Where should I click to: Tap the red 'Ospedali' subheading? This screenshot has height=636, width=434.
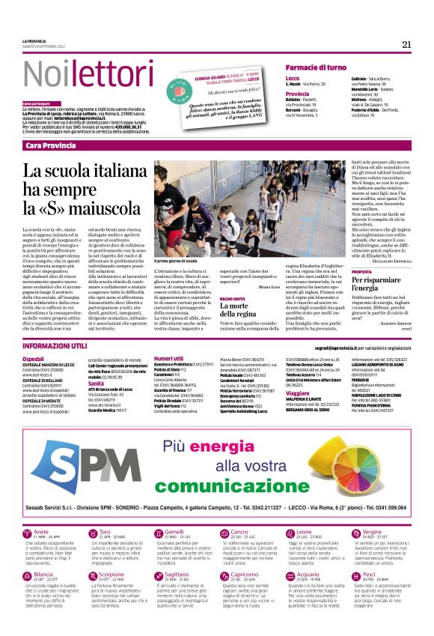pyautogui.click(x=33, y=359)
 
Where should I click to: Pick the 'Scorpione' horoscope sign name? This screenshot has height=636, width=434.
pyautogui.click(x=111, y=574)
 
